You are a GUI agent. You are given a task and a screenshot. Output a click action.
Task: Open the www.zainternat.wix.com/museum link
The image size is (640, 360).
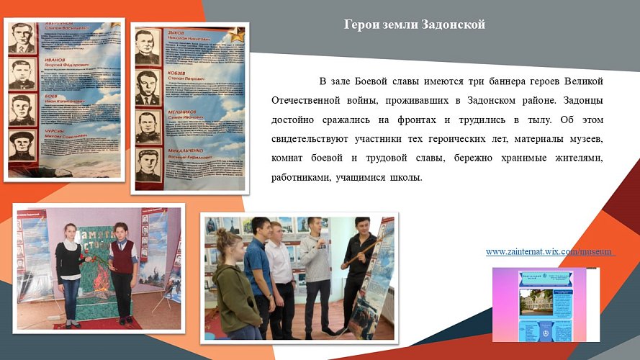pos(551,252)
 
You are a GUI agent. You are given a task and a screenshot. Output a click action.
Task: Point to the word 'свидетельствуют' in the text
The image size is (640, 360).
pos(317,137)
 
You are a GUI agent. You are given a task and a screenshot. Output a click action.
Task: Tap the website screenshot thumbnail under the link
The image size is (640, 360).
pos(545,304)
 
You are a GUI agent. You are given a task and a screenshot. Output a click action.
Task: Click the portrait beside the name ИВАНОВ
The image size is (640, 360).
pos(22,74)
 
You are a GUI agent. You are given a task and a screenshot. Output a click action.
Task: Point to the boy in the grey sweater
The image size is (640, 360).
pos(314,274)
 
